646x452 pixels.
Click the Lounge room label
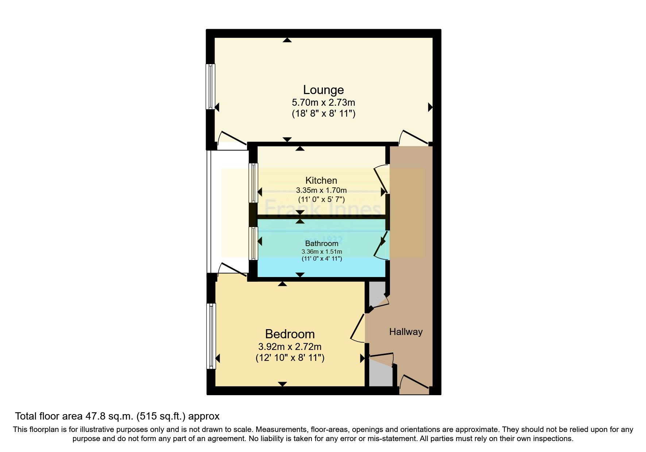click(323, 90)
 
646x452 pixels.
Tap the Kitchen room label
click(321, 180)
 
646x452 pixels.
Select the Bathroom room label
click(321, 243)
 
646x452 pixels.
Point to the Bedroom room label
click(290, 334)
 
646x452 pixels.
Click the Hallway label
click(406, 332)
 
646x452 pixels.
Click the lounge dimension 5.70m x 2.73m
click(323, 102)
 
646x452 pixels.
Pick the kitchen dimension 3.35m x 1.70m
click(321, 190)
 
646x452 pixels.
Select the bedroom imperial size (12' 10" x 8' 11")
click(290, 358)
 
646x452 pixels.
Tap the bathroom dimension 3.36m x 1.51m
click(321, 252)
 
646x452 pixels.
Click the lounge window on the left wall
click(210, 86)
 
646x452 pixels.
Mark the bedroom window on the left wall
click(211, 336)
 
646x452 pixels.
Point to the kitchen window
click(253, 183)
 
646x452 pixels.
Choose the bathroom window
click(253, 243)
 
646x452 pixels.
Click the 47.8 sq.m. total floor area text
click(117, 416)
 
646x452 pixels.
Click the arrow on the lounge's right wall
click(430, 107)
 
